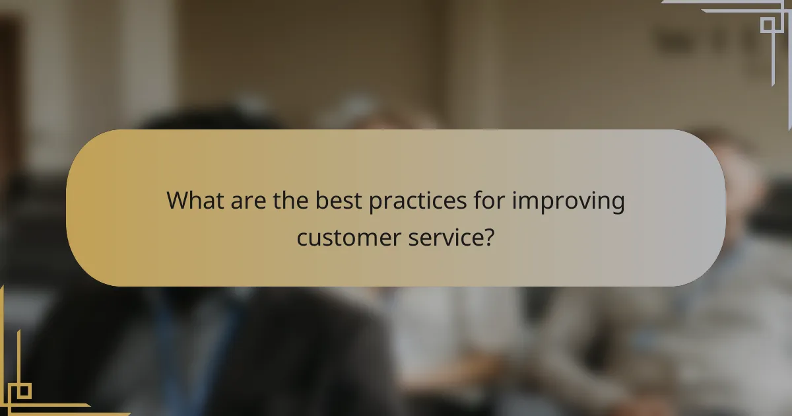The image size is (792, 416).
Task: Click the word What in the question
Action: tap(195, 200)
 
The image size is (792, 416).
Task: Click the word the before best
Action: tap(292, 200)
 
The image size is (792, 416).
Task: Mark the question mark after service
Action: tap(490, 237)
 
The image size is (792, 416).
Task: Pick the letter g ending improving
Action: tap(618, 203)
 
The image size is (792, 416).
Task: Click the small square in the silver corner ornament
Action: tap(767, 25)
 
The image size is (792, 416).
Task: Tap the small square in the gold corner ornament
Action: tap(24, 391)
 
